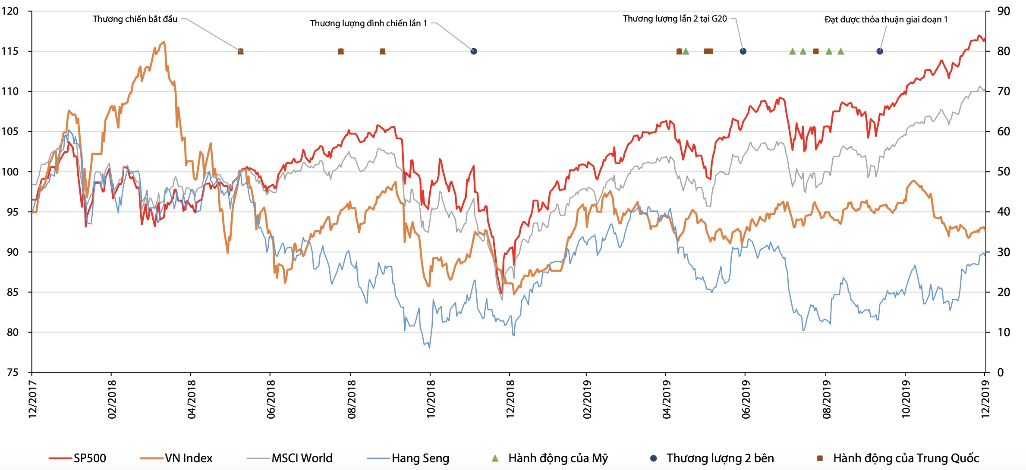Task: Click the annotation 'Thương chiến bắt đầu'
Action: pos(135,19)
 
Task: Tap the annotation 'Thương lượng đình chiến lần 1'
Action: pos(368,23)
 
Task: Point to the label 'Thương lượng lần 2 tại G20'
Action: pos(674,19)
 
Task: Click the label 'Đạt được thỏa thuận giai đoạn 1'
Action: pos(886,19)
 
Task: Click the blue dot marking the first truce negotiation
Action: pos(474,51)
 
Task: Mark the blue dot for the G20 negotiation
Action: pos(743,51)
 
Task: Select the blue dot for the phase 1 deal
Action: pos(880,51)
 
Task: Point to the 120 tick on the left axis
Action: pos(10,11)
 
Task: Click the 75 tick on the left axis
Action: pos(13,373)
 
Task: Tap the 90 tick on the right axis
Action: pos(1004,11)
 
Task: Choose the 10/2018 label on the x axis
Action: pos(431,399)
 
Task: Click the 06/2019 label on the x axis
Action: pos(746,399)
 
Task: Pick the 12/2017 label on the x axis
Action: pos(32,399)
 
